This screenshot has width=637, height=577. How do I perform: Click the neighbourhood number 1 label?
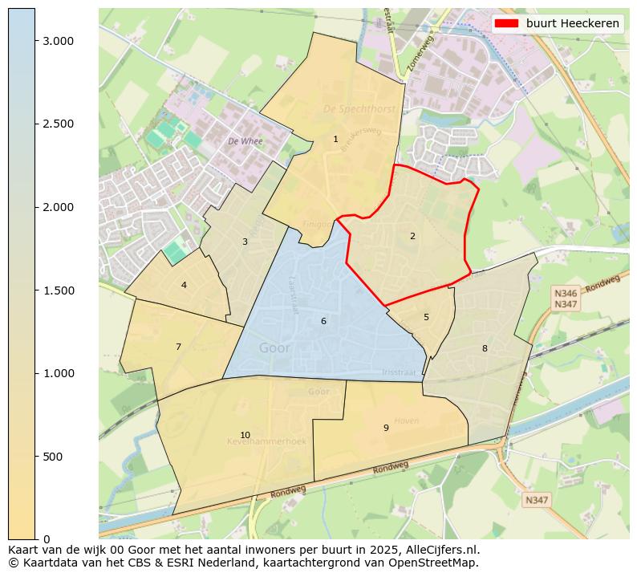pyautogui.click(x=335, y=140)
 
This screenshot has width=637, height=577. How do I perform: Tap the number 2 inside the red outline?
pyautogui.click(x=412, y=236)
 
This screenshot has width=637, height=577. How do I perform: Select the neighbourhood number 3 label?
pyautogui.click(x=245, y=242)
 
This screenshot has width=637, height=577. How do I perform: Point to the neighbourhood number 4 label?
pyautogui.click(x=184, y=285)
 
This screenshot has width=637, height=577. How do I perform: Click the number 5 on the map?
pyautogui.click(x=426, y=317)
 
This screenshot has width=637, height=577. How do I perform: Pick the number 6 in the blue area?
pyautogui.click(x=323, y=321)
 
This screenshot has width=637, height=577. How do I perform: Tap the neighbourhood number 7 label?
pyautogui.click(x=178, y=347)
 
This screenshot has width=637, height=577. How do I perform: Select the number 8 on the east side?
pyautogui.click(x=485, y=348)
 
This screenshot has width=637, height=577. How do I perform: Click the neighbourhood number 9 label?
pyautogui.click(x=386, y=428)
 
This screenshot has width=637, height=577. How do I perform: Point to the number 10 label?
pyautogui.click(x=245, y=435)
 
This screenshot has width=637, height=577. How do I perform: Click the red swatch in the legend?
pyautogui.click(x=508, y=23)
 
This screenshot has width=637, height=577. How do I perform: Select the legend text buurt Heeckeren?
pyautogui.click(x=572, y=23)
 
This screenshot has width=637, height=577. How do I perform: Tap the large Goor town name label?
pyautogui.click(x=275, y=348)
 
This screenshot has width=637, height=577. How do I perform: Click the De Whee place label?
pyautogui.click(x=245, y=141)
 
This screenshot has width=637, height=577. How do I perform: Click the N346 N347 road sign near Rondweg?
pyautogui.click(x=566, y=299)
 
